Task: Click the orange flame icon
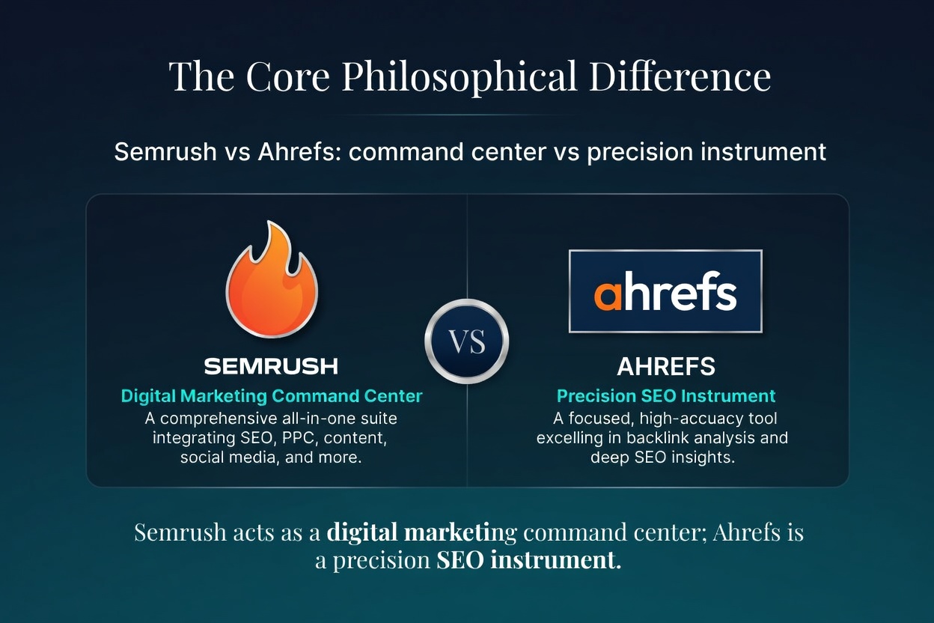(x=272, y=281)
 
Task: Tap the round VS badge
(x=466, y=341)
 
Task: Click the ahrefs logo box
(x=665, y=291)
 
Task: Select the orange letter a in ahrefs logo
(x=608, y=294)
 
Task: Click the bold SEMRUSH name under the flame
(x=271, y=366)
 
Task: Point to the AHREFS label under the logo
(x=665, y=367)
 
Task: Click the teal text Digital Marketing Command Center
(x=272, y=396)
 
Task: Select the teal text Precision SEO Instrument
(x=665, y=396)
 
